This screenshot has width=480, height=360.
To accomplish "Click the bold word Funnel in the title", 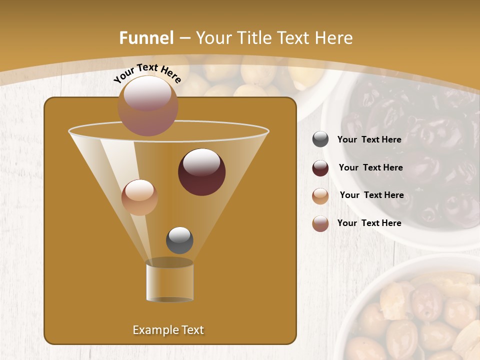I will point(146,38).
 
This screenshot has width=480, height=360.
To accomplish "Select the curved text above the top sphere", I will point(147,73).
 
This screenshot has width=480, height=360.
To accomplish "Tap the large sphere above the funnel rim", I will point(147,105).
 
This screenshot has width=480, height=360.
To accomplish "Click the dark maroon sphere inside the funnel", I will point(202,172).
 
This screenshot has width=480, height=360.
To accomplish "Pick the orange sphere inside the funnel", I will point(139,197).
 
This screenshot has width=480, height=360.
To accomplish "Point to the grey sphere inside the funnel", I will point(179,240).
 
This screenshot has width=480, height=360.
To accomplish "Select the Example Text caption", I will point(168,330).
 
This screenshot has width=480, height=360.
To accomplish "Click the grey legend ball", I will point(320,139).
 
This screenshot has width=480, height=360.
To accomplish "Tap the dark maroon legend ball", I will point(320,168).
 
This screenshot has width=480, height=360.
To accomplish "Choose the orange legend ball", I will point(320,196).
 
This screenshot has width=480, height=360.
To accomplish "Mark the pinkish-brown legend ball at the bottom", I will point(320,223).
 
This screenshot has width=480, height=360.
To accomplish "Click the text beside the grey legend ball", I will point(369,140).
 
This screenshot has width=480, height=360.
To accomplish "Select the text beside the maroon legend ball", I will point(370,168).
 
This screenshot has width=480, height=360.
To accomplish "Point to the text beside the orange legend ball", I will point(371,195).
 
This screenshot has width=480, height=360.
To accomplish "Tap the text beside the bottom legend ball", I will point(369,223).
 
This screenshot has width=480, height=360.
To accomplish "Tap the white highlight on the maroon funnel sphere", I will point(202,162).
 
